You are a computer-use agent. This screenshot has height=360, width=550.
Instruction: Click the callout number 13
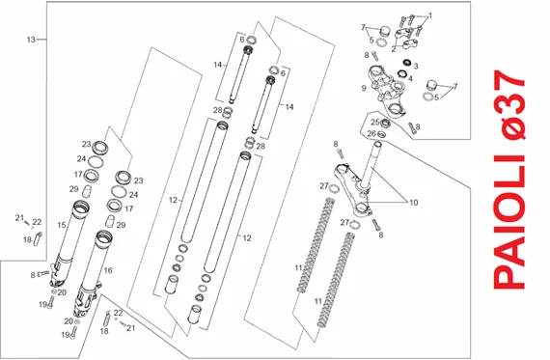click(31, 40)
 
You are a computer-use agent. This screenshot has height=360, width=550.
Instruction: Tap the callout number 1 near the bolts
click(430, 15)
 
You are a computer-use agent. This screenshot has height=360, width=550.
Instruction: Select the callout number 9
click(364, 88)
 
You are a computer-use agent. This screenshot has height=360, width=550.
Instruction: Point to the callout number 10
click(414, 203)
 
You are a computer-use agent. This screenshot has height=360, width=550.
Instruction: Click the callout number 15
click(62, 225)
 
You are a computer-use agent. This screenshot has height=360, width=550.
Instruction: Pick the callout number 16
click(108, 270)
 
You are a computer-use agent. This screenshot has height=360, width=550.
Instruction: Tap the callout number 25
click(375, 123)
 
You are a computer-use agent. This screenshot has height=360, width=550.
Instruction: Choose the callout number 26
click(371, 134)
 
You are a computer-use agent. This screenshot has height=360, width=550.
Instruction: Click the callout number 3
click(416, 66)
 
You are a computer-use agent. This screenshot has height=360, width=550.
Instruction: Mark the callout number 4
click(410, 78)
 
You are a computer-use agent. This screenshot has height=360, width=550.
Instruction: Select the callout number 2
click(394, 49)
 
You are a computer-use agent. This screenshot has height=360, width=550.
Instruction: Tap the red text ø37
click(509, 104)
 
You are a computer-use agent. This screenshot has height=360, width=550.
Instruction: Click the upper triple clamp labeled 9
click(388, 92)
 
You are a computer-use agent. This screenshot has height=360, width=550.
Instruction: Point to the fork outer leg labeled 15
click(69, 242)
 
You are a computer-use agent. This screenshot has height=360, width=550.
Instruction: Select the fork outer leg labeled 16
click(91, 274)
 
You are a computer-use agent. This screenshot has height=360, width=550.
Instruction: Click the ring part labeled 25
click(386, 123)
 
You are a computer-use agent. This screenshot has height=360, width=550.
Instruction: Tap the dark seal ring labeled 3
click(407, 62)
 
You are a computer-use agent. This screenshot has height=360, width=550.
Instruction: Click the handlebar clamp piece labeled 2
click(407, 44)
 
